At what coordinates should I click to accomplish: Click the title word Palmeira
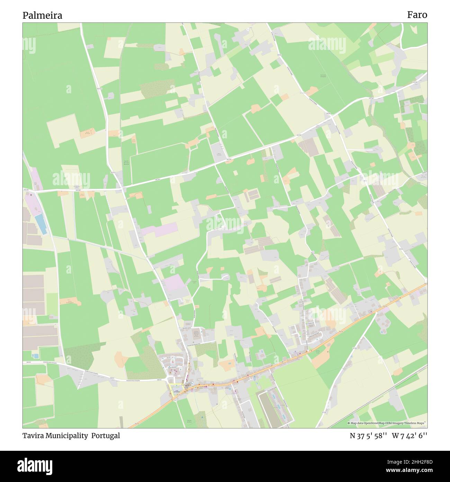tap(42, 16)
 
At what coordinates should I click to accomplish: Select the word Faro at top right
tap(417, 15)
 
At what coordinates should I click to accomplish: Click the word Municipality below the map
tap(66, 436)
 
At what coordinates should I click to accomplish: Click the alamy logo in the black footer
tap(35, 465)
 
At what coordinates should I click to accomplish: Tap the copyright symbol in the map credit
tap(349, 423)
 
